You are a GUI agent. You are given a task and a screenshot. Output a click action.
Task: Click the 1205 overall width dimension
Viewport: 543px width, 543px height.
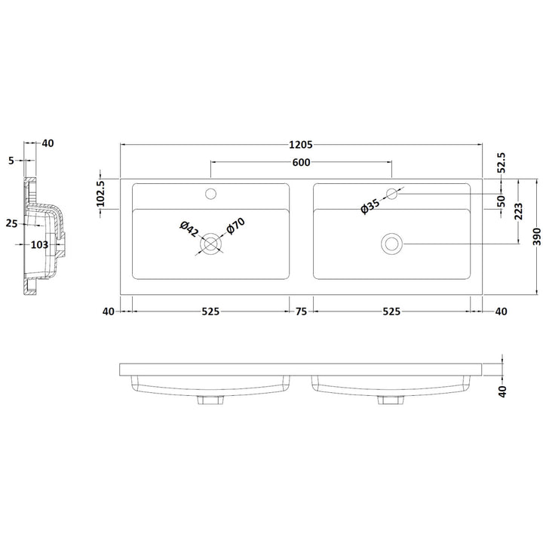301,144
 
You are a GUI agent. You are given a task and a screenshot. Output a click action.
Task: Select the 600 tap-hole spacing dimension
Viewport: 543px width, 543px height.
301,162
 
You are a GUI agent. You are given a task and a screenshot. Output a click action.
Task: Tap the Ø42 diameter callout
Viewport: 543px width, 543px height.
189,229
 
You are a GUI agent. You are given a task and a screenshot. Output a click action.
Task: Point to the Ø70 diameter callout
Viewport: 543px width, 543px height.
235,225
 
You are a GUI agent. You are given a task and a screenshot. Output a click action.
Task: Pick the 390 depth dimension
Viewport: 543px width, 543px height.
536,237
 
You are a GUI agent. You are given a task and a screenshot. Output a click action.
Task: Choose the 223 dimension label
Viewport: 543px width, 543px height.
518,212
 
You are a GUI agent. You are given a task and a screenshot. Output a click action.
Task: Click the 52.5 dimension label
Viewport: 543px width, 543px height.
502,162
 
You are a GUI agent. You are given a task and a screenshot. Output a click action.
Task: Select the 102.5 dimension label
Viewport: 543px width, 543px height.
100,194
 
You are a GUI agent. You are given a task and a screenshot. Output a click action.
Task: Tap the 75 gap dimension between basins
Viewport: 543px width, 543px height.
301,311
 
